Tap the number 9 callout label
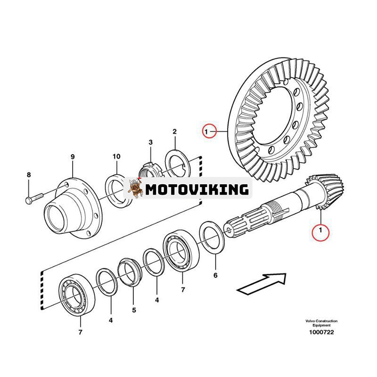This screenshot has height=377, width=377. pos(73,156)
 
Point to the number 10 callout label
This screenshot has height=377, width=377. pos(116,156)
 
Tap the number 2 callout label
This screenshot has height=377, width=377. pos(174,131)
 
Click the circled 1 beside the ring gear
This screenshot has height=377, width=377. pos(210,130)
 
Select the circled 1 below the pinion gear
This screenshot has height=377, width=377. pos(321,230)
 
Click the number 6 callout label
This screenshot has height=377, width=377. pos(215,275)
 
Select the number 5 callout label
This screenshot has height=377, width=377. pos(134,310)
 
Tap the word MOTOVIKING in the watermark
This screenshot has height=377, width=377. pos(197,189)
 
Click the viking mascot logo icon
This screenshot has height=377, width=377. pos(135,188)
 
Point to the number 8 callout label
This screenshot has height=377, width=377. pos(28,175)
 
